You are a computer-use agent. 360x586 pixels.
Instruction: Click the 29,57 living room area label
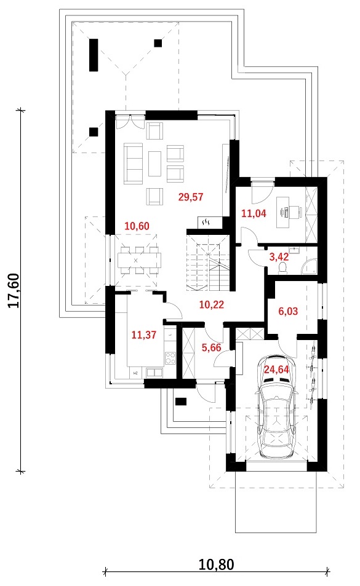coord(191,197)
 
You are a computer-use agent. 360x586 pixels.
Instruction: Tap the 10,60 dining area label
coord(137,226)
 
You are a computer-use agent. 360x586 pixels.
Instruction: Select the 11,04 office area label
coord(254,214)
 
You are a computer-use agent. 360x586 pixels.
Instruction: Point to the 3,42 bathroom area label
coord(279,257)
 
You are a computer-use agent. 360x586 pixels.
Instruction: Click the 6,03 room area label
coord(288,311)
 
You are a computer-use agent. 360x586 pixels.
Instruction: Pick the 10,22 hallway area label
coord(212,304)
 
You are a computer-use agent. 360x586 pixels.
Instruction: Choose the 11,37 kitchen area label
coord(144,335)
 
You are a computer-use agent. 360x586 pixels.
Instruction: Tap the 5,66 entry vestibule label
coord(212,347)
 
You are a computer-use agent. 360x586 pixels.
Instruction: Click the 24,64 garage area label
coord(277,370)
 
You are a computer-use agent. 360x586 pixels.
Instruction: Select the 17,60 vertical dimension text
coord(14,291)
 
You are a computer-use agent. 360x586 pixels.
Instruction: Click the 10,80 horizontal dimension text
coord(217,564)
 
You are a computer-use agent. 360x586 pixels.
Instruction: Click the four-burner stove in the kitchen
coord(170,358)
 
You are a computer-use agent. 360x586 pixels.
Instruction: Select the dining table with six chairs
coord(140,260)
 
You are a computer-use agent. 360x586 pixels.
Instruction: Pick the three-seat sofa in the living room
coord(134,164)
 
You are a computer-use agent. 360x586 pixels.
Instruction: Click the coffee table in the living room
coord(154,164)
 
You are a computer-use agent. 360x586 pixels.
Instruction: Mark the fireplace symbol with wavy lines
coord(206,223)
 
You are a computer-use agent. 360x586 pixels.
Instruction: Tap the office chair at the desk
coord(295,212)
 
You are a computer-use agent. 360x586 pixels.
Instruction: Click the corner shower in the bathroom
coord(310,267)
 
